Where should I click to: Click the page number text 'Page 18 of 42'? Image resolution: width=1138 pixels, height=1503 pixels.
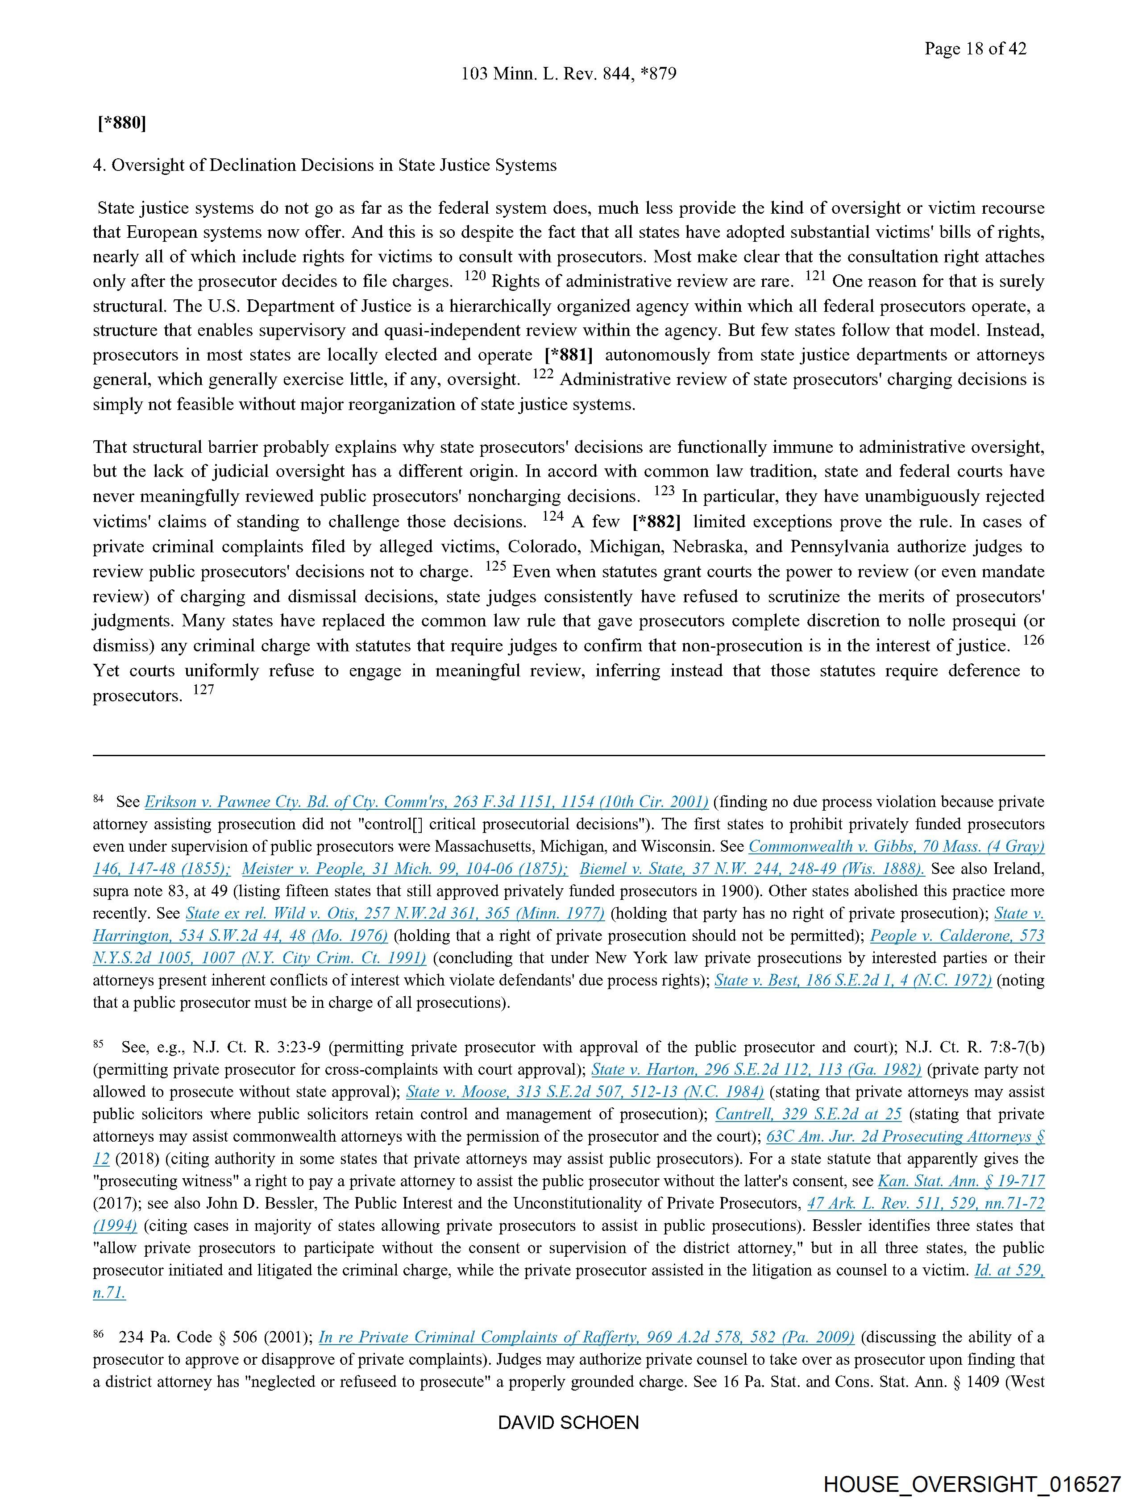(975, 48)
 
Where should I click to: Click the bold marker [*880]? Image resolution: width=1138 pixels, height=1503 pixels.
(122, 123)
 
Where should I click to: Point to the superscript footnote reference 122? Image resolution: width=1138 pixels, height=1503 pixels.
(543, 374)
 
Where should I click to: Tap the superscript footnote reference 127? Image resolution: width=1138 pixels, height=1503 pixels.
(203, 690)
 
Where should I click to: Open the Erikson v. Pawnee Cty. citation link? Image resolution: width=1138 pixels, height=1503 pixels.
(426, 802)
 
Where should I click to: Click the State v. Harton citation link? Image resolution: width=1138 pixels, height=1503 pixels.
(756, 1069)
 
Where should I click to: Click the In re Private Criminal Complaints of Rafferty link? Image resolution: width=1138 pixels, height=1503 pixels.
(586, 1337)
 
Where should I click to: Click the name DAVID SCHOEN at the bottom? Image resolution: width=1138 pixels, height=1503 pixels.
(568, 1422)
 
